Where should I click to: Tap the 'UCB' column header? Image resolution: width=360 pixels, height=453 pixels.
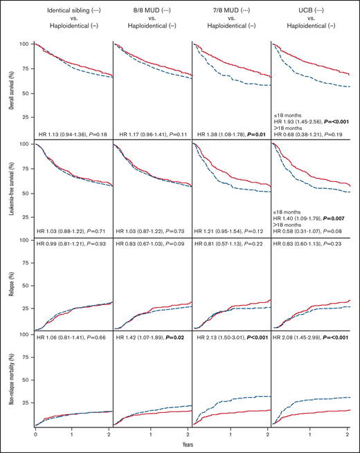click(309, 12)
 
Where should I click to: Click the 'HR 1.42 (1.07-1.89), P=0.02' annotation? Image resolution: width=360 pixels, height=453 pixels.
click(152, 340)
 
